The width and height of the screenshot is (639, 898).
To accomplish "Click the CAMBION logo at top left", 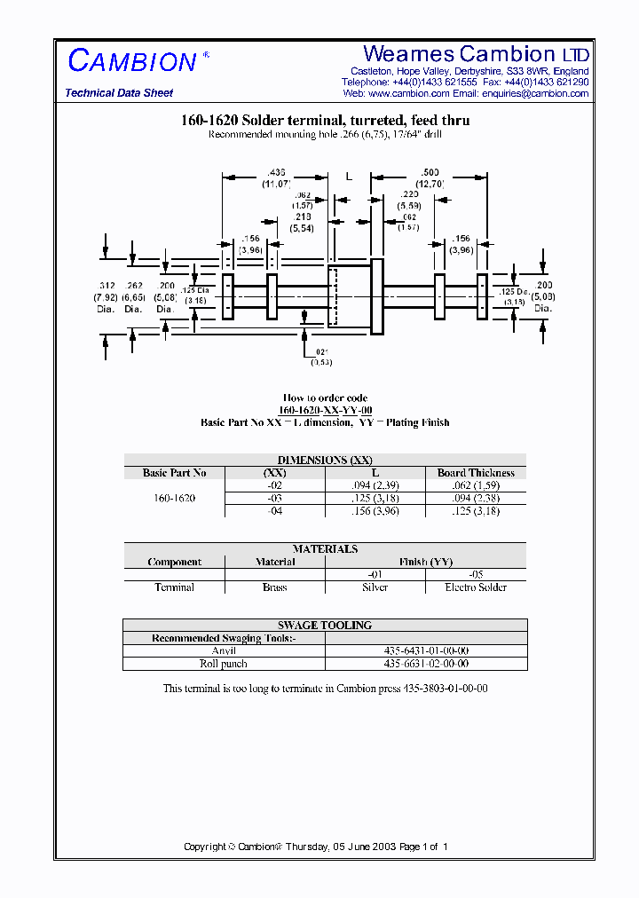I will [x=132, y=61].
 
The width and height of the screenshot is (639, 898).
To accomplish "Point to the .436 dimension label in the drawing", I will [x=275, y=172].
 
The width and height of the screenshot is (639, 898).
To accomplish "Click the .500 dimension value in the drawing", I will [x=430, y=172].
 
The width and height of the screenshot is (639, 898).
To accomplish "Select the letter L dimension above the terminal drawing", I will [x=349, y=177].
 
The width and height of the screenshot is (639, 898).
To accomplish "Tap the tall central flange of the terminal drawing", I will [x=376, y=296].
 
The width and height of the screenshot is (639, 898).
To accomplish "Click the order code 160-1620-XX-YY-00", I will [x=325, y=410].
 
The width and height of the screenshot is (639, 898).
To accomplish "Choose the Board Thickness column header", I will [x=476, y=473].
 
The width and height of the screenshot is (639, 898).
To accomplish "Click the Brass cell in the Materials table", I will [x=275, y=587].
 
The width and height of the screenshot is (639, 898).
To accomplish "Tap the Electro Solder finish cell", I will [x=476, y=587].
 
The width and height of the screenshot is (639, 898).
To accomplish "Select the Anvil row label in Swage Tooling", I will [x=224, y=651].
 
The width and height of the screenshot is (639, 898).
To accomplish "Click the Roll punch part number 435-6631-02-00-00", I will [x=426, y=664].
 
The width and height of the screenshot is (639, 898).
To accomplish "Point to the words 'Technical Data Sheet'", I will [x=119, y=93].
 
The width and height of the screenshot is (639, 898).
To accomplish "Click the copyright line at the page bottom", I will [x=315, y=847].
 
